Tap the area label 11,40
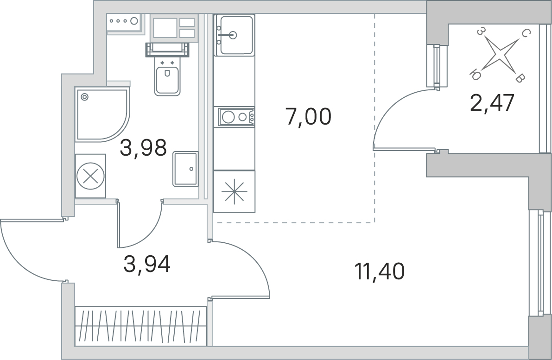tap(380, 272)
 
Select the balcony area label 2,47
tap(493, 102)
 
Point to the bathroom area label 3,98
tap(143, 147)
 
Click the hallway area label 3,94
tap(147, 264)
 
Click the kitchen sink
tap(235, 35)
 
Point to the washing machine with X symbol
tap(90, 176)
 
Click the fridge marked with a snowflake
tap(234, 191)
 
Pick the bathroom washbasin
tap(185, 169)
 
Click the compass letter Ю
tap(475, 75)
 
